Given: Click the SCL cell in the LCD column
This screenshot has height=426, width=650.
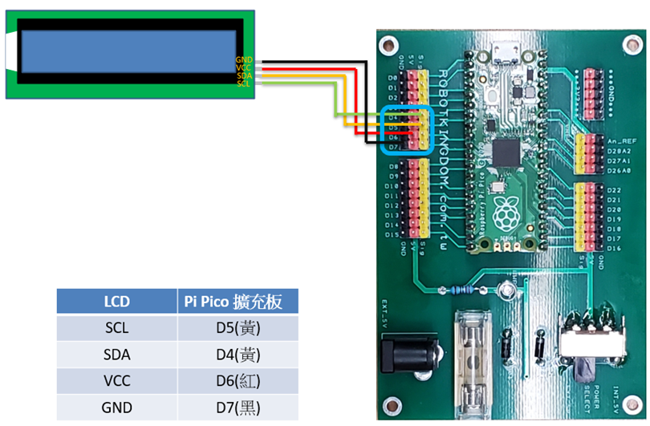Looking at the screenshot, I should (116, 328).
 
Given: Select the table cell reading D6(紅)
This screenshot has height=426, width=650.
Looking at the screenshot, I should (238, 380).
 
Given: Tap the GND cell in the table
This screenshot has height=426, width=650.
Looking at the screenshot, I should (116, 407).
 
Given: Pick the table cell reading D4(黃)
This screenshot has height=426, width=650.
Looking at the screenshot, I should (238, 355).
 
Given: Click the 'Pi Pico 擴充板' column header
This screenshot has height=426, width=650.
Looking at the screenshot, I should (238, 302).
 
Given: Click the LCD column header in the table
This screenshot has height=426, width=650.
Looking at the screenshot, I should (116, 302).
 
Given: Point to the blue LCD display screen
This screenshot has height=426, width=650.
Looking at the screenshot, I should (129, 50).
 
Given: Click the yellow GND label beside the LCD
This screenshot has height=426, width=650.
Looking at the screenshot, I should (244, 60).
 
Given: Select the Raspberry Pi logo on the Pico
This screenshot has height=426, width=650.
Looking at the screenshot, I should (505, 213).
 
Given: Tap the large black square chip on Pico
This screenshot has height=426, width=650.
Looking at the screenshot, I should (508, 151).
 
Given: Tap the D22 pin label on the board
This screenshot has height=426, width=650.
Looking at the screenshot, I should (615, 189).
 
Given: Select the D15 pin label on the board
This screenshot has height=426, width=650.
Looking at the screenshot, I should (392, 234).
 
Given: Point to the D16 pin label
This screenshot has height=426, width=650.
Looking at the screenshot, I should (615, 248).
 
